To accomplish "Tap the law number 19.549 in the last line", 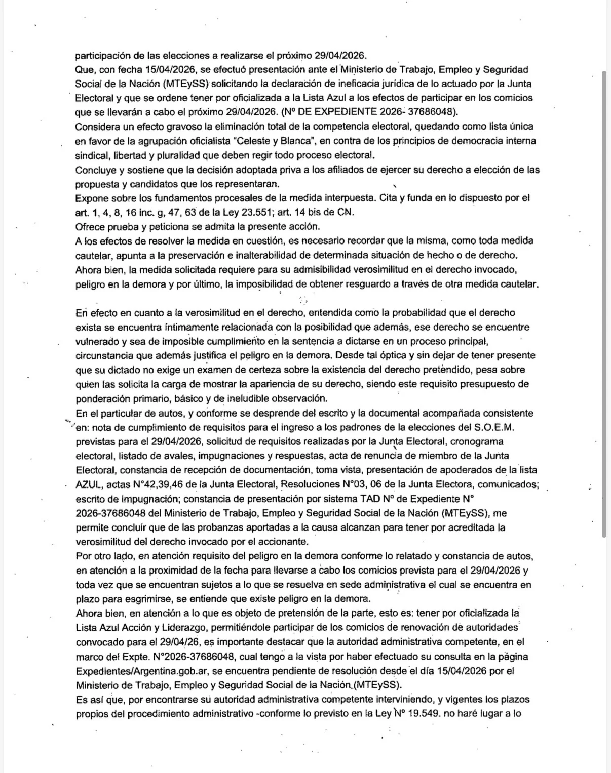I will point(416,714).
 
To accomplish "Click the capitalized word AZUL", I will point(89,484).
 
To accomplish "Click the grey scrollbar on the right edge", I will point(603,304).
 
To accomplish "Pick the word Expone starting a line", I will point(92,198).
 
